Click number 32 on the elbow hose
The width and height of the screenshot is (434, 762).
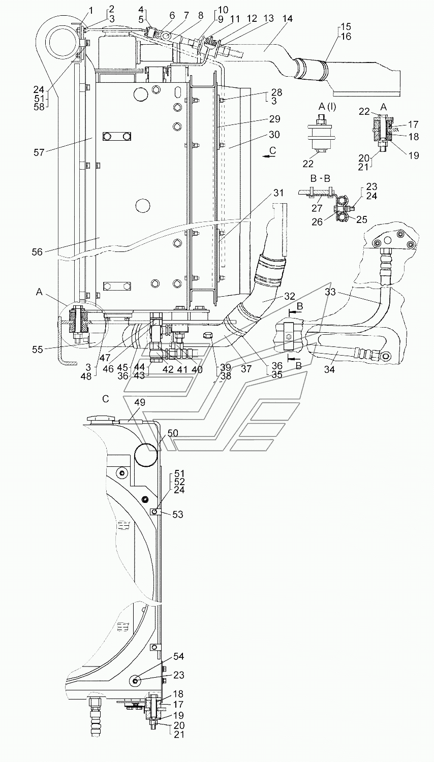tap(275, 296)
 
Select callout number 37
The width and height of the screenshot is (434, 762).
tap(246, 369)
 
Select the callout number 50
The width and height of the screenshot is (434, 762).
tap(173, 433)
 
